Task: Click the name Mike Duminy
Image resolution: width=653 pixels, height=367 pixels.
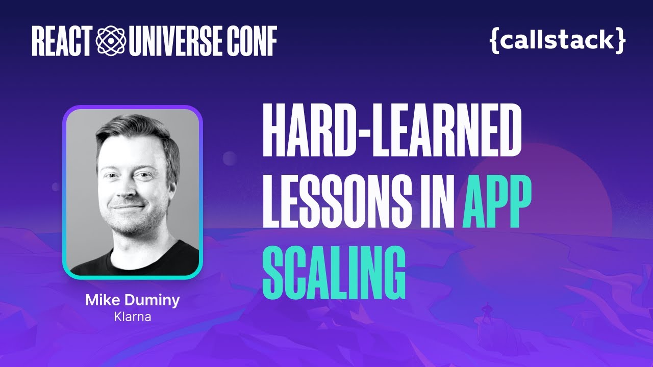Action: coord(133,300)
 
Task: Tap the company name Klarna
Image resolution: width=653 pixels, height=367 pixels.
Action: coord(133,317)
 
